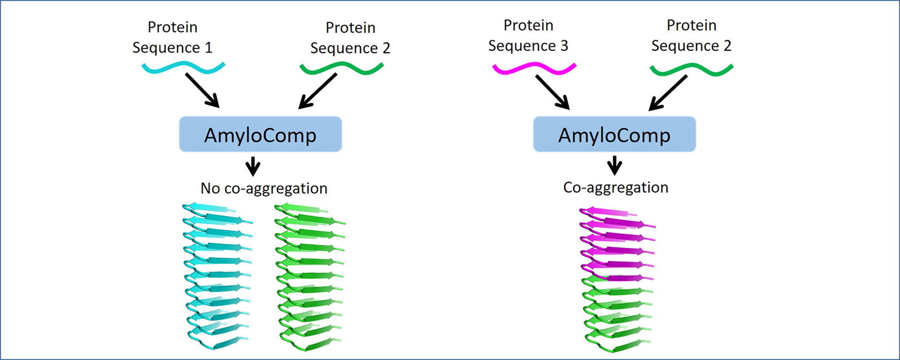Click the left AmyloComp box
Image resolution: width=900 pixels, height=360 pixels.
(260, 134)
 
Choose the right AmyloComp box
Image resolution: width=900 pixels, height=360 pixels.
(614, 134)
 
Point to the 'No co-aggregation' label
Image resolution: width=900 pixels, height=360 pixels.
(264, 188)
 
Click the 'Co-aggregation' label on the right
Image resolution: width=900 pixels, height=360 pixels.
(616, 187)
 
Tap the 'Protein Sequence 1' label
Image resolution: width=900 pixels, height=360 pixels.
(172, 37)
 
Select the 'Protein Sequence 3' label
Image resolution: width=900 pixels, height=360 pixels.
(528, 35)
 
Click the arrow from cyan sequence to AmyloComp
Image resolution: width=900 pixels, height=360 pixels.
(202, 90)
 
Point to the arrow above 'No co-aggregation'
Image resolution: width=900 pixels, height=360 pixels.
(253, 167)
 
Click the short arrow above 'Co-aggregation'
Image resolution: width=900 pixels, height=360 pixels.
(614, 165)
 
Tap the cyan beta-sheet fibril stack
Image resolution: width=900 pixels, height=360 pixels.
(217, 273)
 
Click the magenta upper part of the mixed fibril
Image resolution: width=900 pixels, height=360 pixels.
(616, 241)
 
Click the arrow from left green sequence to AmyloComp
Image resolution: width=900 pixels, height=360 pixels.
(318, 91)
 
